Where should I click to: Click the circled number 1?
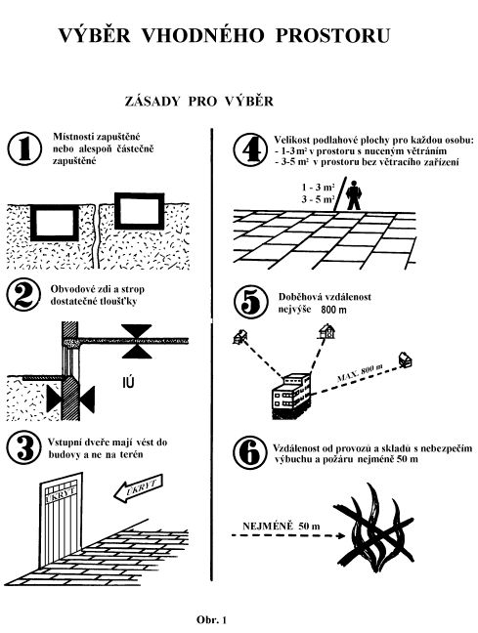tap(24, 148)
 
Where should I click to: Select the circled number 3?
tap(24, 446)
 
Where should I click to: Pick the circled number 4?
tap(250, 149)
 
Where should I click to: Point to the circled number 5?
tap(251, 302)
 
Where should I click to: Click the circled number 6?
tap(250, 453)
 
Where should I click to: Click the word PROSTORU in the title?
tap(333, 35)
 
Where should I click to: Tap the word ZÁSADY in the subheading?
tap(152, 101)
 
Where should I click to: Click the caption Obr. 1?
tap(212, 619)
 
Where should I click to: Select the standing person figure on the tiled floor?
tap(354, 195)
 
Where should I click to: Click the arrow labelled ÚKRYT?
tap(138, 488)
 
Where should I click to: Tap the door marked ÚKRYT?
tap(61, 521)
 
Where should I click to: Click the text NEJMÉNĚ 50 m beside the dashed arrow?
tap(282, 526)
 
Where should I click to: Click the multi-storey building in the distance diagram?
tap(291, 396)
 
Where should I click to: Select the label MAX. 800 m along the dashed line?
tap(360, 373)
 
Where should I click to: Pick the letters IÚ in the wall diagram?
tap(128, 382)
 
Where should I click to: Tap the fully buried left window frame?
tap(55, 223)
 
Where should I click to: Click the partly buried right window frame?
tap(140, 211)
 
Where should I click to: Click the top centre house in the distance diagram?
tap(326, 331)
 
